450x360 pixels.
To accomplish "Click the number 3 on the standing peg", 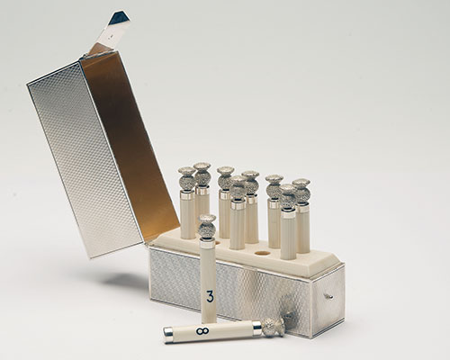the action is (x=210, y=296).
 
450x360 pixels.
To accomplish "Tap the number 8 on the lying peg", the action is (x=202, y=331).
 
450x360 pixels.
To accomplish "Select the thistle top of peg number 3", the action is (x=207, y=227).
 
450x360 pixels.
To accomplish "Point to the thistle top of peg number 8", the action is (x=274, y=326).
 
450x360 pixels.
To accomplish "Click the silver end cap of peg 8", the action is (x=167, y=335).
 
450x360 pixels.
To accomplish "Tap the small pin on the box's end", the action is (x=329, y=297).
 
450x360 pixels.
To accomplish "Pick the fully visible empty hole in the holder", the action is (x=261, y=253).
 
